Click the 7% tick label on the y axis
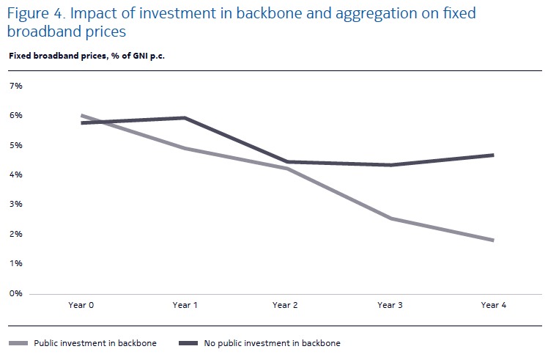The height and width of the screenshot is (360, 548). click(x=16, y=86)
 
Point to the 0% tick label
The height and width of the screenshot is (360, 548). click(x=16, y=293)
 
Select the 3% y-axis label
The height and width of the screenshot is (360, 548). click(x=16, y=205)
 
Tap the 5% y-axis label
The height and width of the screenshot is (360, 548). click(x=16, y=145)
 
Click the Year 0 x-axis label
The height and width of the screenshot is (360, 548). click(x=81, y=305)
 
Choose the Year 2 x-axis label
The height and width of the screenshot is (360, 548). click(x=285, y=305)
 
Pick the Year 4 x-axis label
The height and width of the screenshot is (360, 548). click(x=493, y=305)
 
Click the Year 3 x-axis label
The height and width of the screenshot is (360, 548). click(x=389, y=305)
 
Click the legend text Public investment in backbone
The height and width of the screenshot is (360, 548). click(x=95, y=342)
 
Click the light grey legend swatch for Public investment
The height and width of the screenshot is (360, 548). click(x=19, y=342)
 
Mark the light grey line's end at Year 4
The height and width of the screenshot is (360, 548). click(x=493, y=240)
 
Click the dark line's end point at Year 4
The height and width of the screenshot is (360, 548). click(x=493, y=155)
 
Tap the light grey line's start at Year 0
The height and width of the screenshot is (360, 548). click(x=81, y=115)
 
